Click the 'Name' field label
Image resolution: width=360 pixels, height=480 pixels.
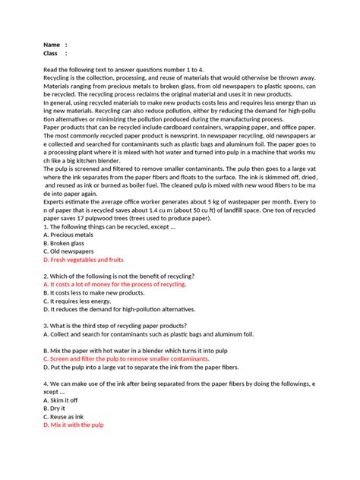coord(52,45)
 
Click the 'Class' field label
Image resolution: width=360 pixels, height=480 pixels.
coord(51,53)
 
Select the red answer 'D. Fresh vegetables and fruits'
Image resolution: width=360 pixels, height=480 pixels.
coord(84,259)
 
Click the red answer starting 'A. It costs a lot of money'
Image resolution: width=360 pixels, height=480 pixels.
coord(115,283)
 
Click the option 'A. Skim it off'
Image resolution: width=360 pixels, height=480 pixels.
coord(62,399)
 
